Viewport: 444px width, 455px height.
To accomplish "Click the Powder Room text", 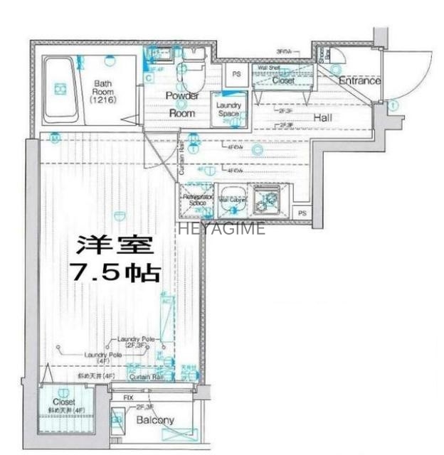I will pos(182,104).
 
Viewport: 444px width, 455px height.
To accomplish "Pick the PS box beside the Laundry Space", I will pos(236,73).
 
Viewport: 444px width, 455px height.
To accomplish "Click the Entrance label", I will pos(359,81).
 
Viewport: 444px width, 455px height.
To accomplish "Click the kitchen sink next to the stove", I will pos(232,198).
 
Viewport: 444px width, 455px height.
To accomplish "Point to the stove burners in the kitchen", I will pos(270,200).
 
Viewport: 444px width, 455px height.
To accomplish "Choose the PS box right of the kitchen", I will pos(302,213).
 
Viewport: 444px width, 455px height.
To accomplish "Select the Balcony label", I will pos(154,420).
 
